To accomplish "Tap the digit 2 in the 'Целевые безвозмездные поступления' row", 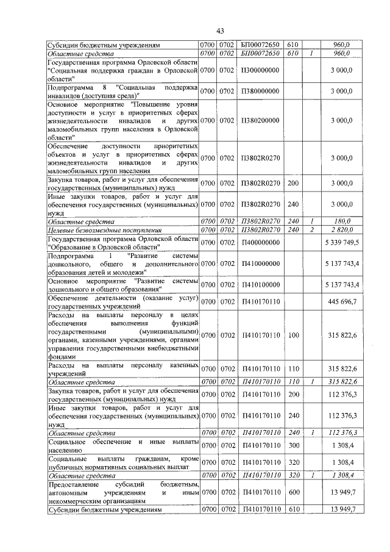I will [311, 230].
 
